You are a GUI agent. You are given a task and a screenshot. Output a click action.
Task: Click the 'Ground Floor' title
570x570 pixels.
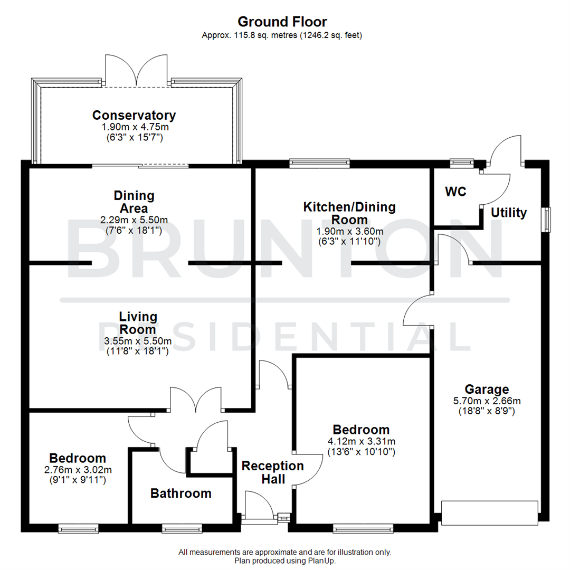pos(282,22)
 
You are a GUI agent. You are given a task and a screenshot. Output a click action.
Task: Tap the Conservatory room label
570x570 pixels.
pos(134,115)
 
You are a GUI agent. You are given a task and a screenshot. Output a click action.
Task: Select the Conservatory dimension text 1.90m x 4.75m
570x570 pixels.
pos(134,127)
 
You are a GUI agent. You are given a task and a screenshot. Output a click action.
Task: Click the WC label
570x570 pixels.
pos(455,192)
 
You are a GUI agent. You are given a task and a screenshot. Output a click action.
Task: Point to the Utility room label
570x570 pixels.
pos(509,213)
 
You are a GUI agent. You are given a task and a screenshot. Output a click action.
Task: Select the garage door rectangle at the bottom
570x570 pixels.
pos(490,513)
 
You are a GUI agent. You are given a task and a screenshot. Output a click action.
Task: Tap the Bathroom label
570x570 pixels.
pos(181,493)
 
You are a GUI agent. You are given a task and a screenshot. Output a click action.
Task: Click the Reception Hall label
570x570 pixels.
pos(272,472)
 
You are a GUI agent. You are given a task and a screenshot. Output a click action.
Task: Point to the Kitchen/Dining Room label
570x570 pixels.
pos(349,213)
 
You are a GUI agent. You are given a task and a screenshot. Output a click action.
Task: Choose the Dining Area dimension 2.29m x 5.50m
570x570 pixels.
pos(134,220)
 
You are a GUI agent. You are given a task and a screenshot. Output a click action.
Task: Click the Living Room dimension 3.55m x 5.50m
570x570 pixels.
pos(138,341)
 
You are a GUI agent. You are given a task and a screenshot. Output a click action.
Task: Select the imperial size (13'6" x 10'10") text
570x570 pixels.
pos(361,452)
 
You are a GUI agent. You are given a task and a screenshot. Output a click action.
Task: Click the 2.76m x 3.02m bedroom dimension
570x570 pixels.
pos(78,470)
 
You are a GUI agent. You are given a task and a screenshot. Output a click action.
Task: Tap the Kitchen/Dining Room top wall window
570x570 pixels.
pos(319,163)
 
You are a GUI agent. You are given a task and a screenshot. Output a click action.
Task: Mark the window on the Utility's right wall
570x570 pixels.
pos(547,219)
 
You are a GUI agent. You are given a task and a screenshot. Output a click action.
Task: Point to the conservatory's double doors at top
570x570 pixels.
pos(137,71)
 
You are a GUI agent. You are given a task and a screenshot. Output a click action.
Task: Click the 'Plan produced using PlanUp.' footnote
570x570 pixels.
pos(285,561)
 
